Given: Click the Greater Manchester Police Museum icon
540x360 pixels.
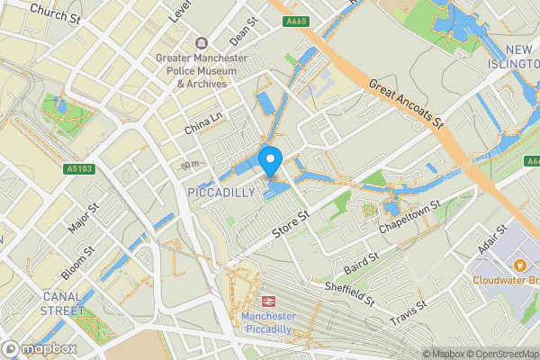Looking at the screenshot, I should [201, 44].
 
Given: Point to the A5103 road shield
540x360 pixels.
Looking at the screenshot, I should [78, 168].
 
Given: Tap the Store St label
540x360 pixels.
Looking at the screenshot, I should [292, 225].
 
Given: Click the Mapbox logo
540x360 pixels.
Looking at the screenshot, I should [40, 348].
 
